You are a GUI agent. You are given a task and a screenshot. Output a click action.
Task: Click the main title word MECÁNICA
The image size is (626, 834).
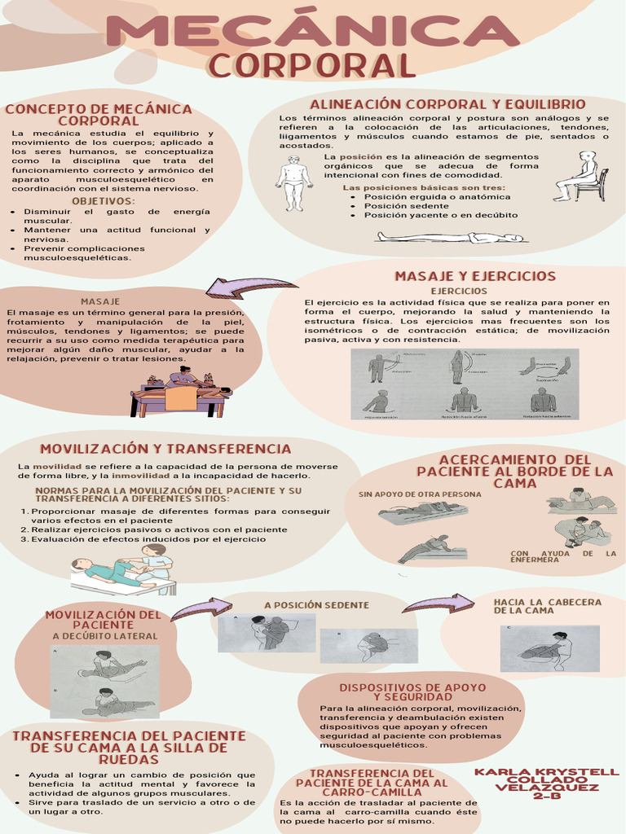pyautogui.click(x=312, y=32)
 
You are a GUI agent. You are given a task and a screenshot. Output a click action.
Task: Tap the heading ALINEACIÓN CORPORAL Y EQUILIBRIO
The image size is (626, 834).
pyautogui.click(x=447, y=104)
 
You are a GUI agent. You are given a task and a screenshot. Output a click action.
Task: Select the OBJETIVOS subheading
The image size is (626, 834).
pyautogui.click(x=104, y=200)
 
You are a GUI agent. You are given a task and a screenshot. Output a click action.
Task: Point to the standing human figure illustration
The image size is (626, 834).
pyautogui.click(x=293, y=183)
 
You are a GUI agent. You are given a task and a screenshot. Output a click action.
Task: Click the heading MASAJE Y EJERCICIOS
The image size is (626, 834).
pyautogui.click(x=475, y=276)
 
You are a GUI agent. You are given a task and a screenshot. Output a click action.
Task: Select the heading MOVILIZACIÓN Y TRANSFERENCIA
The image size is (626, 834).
pyautogui.click(x=165, y=449)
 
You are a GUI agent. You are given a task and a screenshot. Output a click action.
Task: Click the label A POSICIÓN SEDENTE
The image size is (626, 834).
pyautogui.click(x=316, y=605)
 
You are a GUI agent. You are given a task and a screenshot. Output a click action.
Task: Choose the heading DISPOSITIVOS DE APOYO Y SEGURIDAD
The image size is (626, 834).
pyautogui.click(x=412, y=691)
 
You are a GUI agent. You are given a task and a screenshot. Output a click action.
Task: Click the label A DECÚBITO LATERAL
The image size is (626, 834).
pyautogui.click(x=105, y=636)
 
